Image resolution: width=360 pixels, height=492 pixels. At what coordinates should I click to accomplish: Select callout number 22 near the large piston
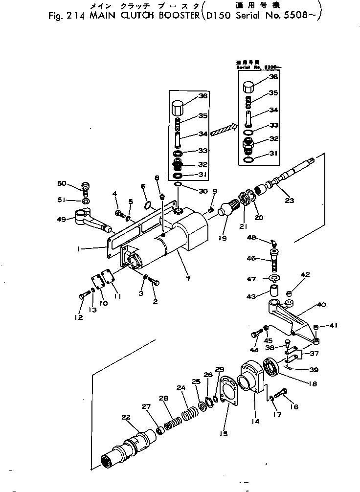126,417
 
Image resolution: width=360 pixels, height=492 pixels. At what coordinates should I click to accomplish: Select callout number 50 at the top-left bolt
61,183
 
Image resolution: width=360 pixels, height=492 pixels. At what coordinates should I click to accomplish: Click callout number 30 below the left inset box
189,191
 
